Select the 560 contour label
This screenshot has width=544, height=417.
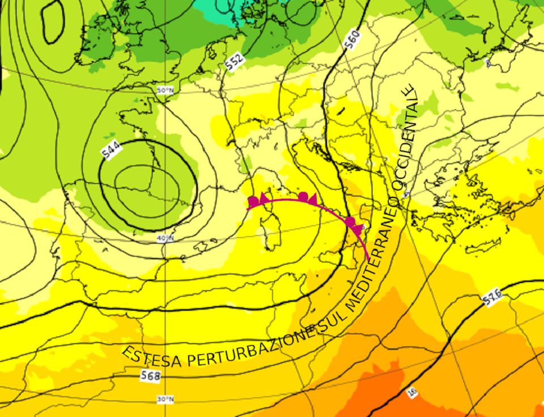[x=352, y=40]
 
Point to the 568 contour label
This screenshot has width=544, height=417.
[x=150, y=376]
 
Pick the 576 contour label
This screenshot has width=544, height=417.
[x=492, y=295]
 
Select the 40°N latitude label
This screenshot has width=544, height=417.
[x=165, y=238]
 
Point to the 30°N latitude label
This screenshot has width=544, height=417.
[x=165, y=399]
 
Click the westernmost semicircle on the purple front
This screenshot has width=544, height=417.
[x=253, y=201]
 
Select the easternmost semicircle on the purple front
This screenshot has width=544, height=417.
[x=351, y=221]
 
